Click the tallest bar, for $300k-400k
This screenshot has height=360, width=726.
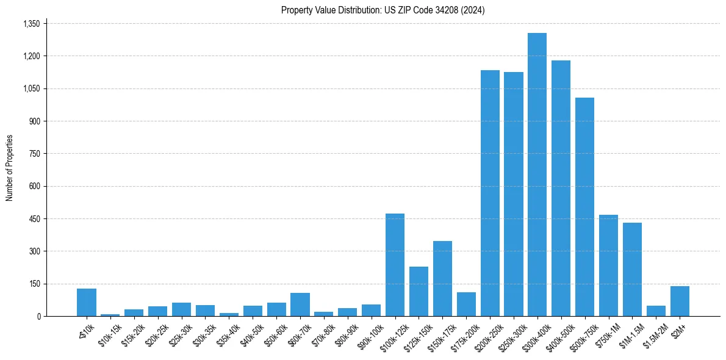coord(537,175)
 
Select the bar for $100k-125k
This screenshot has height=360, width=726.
coord(395,265)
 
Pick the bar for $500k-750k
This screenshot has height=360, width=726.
coord(584,207)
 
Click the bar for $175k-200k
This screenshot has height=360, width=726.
coord(466,304)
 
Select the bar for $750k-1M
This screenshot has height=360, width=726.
coord(608,265)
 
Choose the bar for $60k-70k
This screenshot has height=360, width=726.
coord(300,304)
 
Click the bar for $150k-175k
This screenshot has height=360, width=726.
coord(442,278)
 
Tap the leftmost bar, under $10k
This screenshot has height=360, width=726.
coord(87,302)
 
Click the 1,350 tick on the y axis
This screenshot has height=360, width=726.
coord(31,24)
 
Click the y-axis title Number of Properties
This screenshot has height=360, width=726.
coord(9,168)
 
